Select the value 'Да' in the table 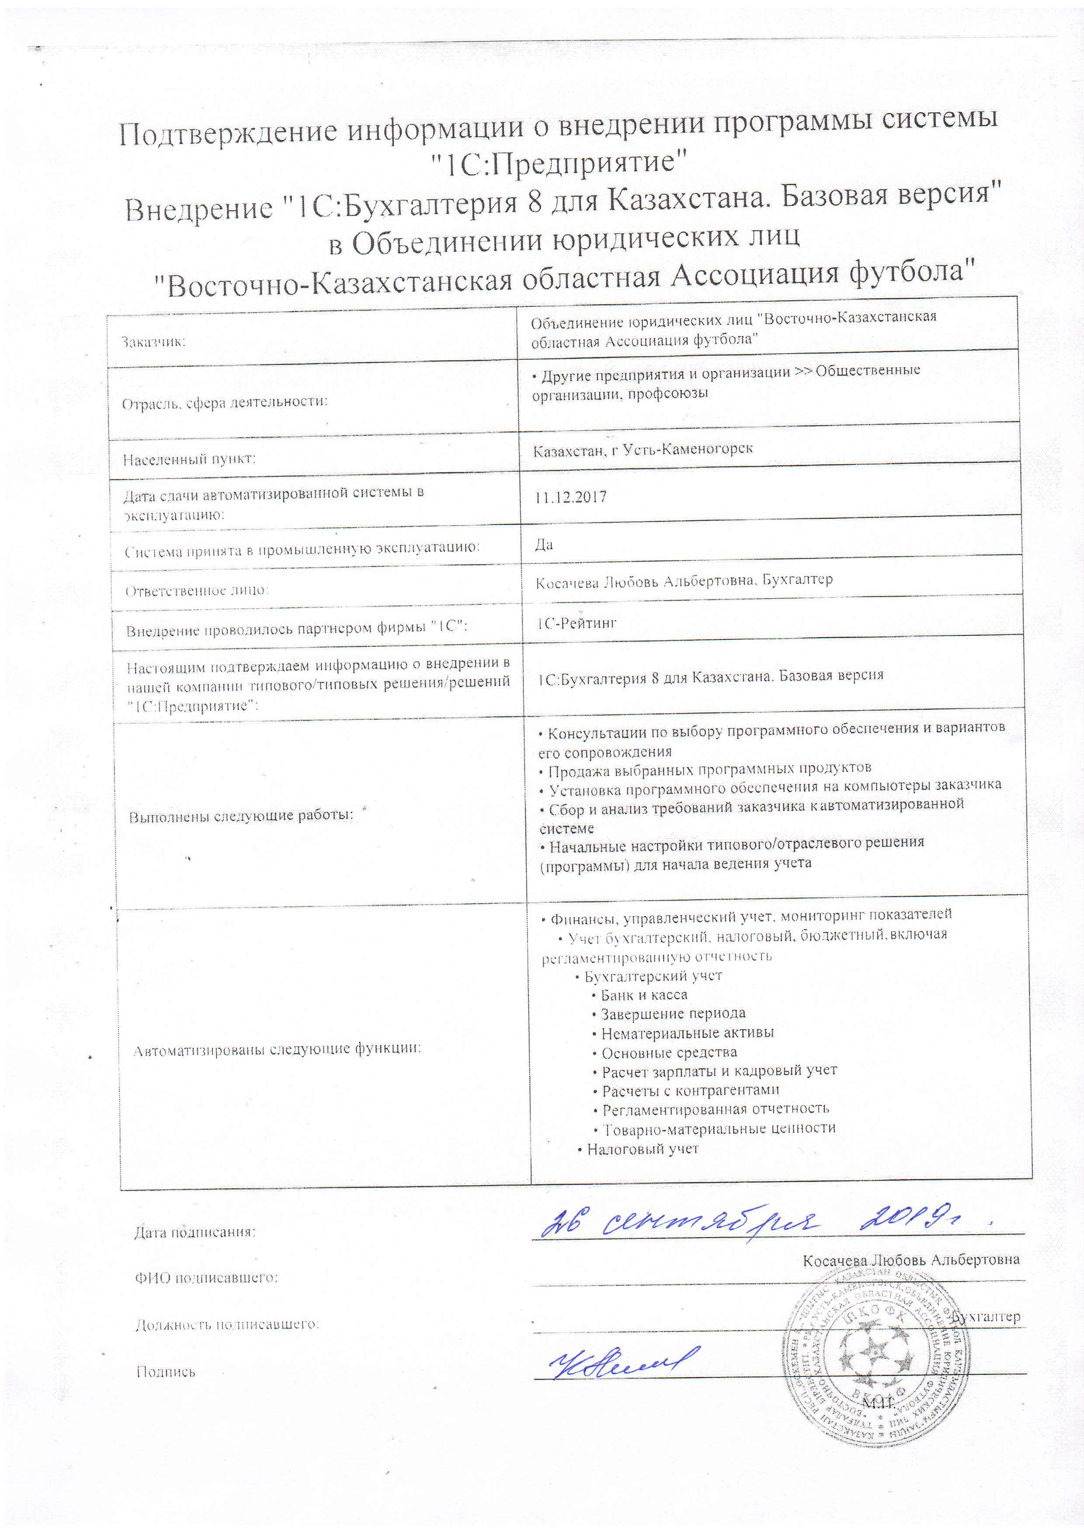pyautogui.click(x=544, y=545)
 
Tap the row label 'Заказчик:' pyautogui.click(x=153, y=342)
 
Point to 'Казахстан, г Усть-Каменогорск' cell pyautogui.click(x=643, y=449)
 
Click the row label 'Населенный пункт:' pyautogui.click(x=189, y=459)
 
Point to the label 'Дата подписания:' pyautogui.click(x=195, y=1232)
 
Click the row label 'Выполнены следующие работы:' pyautogui.click(x=240, y=816)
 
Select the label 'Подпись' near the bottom pyautogui.click(x=166, y=1371)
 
